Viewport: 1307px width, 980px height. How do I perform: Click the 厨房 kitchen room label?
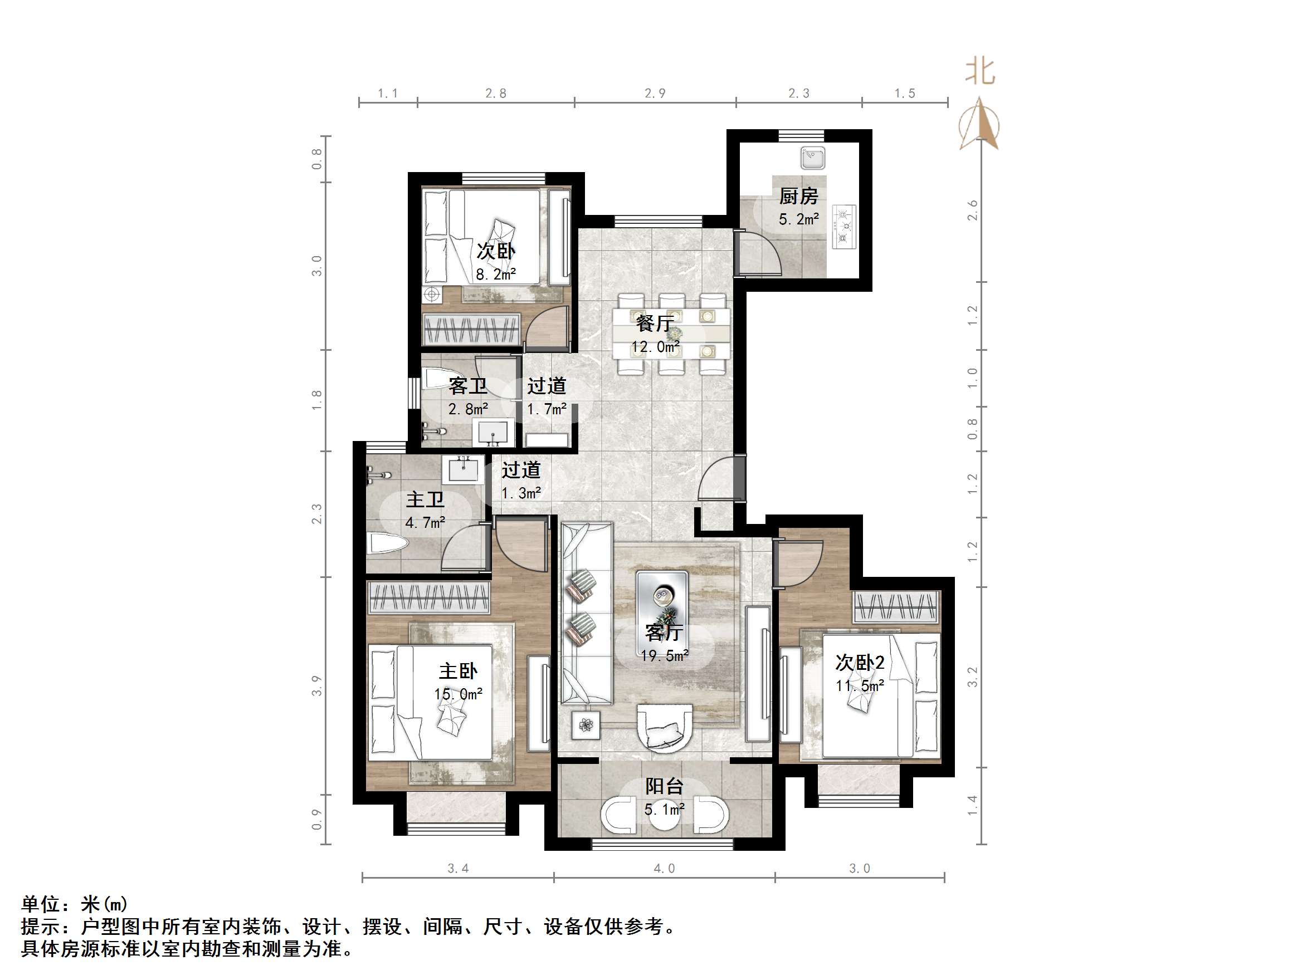click(798, 195)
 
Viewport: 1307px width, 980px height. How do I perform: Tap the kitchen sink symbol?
click(813, 158)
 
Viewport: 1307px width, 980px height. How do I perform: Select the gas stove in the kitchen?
click(844, 226)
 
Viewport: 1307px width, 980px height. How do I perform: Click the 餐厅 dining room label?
click(655, 323)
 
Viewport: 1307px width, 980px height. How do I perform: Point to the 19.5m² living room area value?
click(665, 655)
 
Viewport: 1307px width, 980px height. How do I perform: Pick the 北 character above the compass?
click(979, 72)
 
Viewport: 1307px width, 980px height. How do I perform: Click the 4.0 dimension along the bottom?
click(664, 868)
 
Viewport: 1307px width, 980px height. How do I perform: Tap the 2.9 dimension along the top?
click(655, 94)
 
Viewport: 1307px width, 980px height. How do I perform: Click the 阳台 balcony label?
click(664, 786)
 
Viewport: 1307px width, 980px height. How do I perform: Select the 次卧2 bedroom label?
click(860, 663)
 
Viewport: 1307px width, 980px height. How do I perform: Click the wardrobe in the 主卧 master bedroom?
click(429, 597)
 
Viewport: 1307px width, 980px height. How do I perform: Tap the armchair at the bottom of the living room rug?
click(665, 728)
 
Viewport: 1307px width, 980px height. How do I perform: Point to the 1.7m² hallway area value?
click(547, 408)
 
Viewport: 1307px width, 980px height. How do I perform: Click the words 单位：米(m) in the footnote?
click(75, 904)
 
